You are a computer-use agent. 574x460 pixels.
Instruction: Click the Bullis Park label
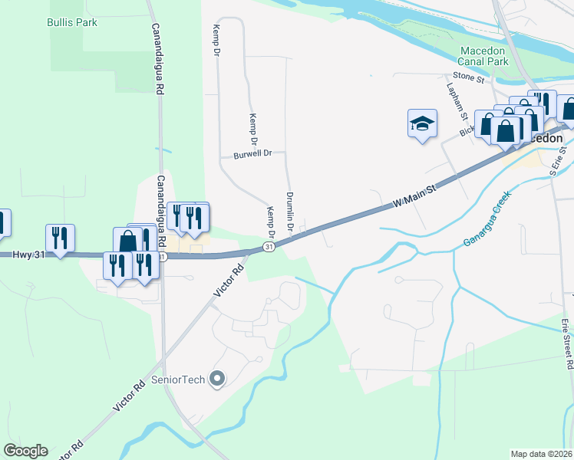coord(72,23)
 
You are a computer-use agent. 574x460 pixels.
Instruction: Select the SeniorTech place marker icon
coord(217,379)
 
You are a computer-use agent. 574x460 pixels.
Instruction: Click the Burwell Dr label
coord(253,154)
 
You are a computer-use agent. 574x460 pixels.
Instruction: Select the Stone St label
coord(468,77)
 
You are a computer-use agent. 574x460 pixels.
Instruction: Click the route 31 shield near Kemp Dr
coord(267,247)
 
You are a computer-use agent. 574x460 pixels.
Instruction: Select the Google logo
coord(25,451)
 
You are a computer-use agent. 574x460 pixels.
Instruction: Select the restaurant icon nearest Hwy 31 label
coord(59,238)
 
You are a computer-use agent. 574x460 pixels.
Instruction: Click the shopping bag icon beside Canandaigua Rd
coord(128,241)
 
